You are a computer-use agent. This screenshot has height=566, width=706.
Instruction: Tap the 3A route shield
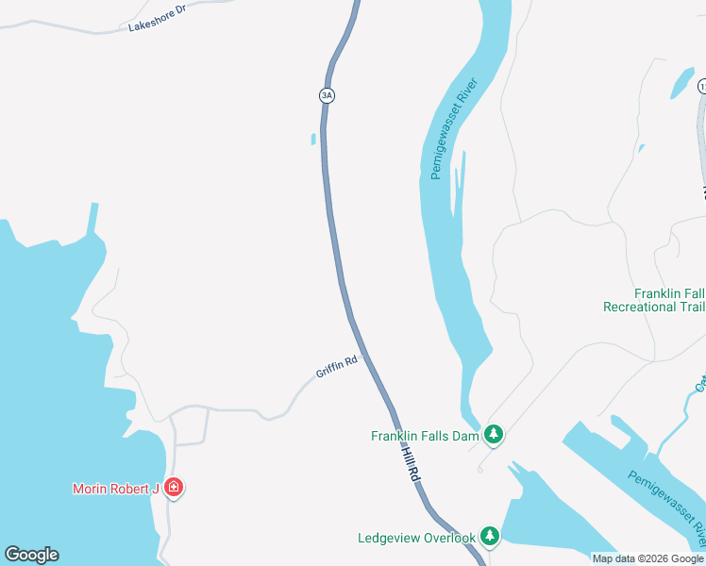[x=327, y=95]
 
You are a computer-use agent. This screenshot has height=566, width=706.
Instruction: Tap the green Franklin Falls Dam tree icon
[x=493, y=435]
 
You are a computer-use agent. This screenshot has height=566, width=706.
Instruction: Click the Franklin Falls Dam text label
[x=425, y=436]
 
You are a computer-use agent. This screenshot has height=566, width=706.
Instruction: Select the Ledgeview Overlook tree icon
[x=489, y=537]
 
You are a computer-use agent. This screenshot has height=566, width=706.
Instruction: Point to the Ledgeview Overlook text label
[x=416, y=538]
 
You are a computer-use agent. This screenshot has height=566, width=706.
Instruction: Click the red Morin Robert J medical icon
[x=173, y=488]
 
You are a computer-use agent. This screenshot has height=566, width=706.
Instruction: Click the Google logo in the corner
[x=31, y=555]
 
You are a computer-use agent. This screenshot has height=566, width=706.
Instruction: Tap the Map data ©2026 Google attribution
[x=648, y=558]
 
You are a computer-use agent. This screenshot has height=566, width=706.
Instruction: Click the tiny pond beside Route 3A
[x=312, y=140]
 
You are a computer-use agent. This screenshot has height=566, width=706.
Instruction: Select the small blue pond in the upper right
[x=681, y=83]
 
